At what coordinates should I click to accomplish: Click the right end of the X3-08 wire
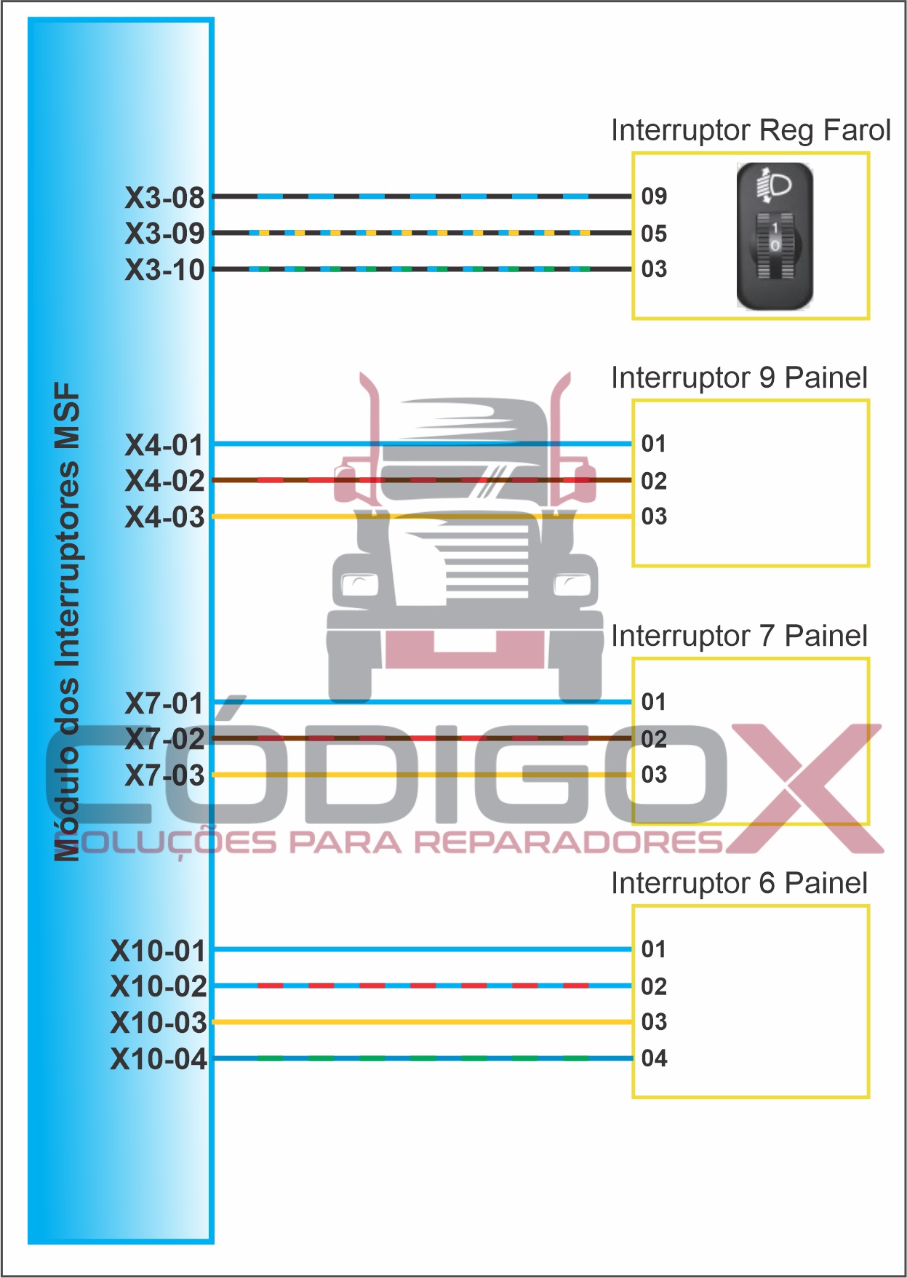tap(631, 196)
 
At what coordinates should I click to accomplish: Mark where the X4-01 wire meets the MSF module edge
tap(213, 444)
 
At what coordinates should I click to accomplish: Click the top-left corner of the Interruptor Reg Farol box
tap(634, 153)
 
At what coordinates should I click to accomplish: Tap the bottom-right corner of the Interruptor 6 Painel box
tap(868, 1096)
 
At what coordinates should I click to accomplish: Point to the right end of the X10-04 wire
tap(631, 1058)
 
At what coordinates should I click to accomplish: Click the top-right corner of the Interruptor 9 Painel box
tap(868, 401)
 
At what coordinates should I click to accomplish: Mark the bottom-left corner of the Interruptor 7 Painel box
tap(634, 823)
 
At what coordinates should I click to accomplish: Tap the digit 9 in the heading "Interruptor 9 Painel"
tap(767, 378)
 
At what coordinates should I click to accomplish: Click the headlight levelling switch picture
tap(774, 236)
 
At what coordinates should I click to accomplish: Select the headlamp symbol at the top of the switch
tap(775, 186)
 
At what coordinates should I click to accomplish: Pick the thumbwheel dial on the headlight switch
tap(775, 247)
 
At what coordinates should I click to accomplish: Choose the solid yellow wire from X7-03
tap(423, 775)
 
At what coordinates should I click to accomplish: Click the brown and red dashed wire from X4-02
tap(423, 480)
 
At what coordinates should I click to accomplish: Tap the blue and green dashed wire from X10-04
tap(423, 1058)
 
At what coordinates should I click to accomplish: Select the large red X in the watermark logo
tap(804, 788)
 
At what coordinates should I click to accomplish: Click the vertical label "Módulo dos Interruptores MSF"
tap(67, 622)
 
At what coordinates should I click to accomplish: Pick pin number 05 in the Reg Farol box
tap(654, 233)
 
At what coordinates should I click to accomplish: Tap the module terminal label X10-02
tap(159, 986)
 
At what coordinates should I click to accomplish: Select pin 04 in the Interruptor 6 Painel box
tap(654, 1058)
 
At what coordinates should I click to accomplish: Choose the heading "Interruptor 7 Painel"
tap(739, 636)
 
